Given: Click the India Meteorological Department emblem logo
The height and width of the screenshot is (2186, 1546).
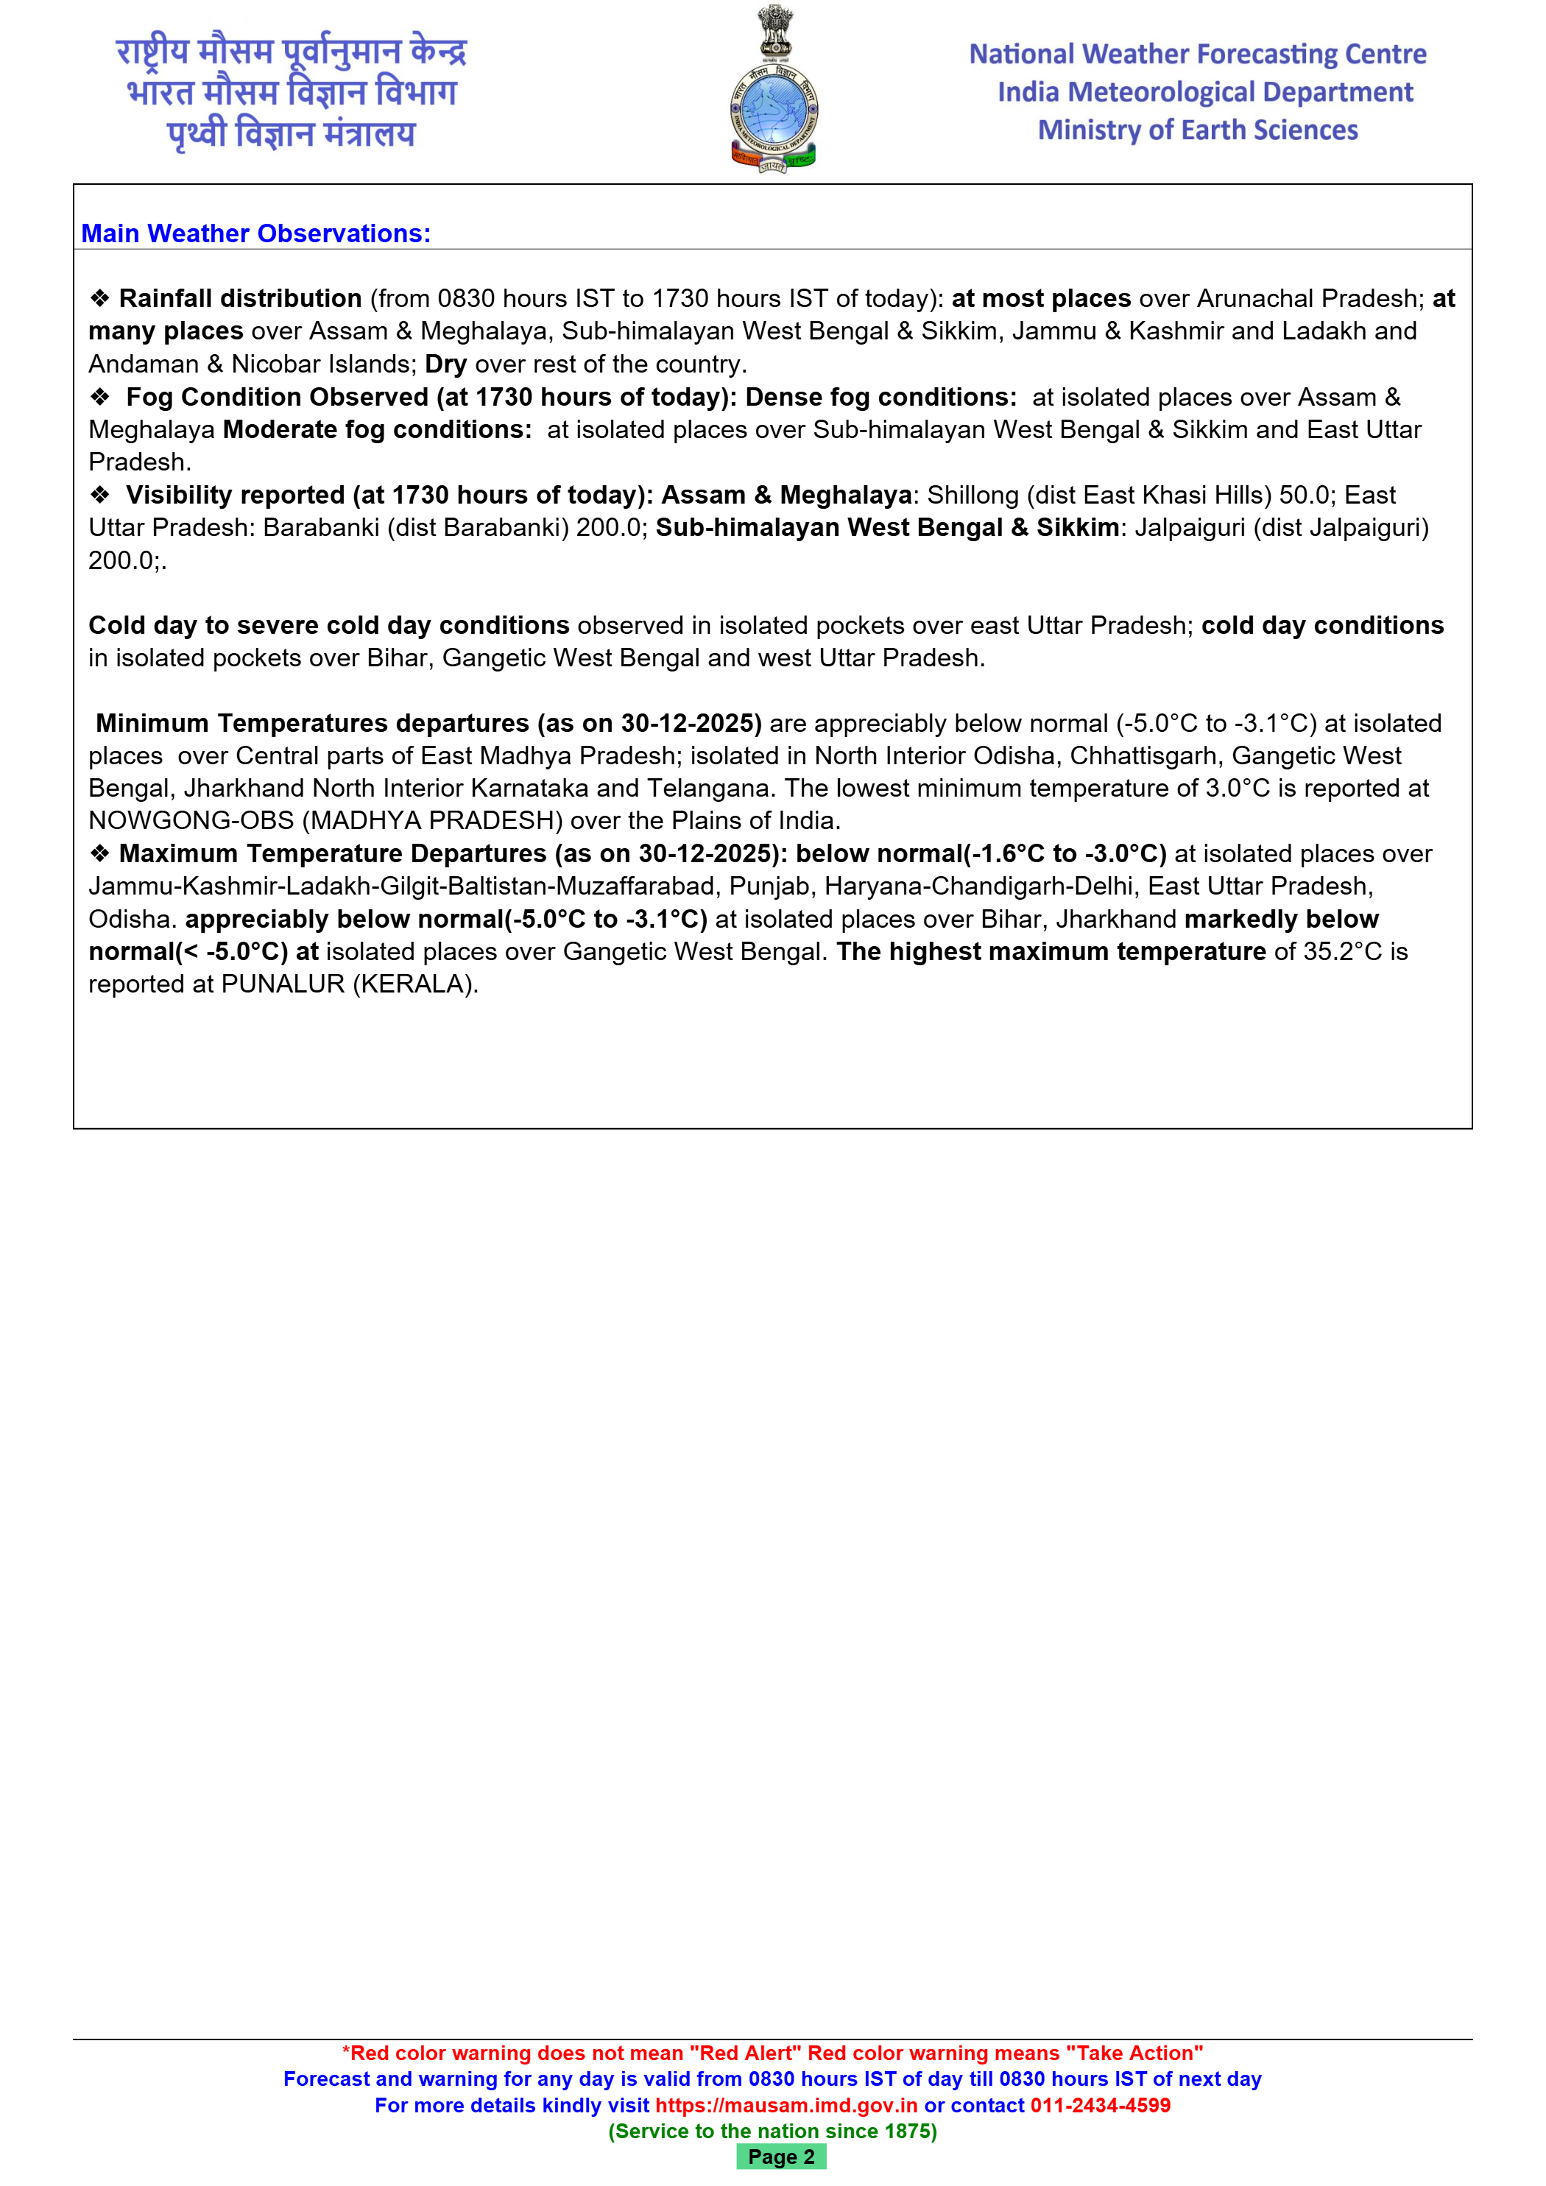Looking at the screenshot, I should click(x=773, y=90).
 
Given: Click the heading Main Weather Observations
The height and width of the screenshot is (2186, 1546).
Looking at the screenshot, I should click(x=255, y=233).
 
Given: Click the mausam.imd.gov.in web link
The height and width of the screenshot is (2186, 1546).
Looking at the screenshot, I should click(x=786, y=2105).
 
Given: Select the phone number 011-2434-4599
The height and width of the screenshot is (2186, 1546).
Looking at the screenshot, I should click(x=1100, y=2105).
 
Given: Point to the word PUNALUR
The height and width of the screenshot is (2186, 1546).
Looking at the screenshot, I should click(x=283, y=984).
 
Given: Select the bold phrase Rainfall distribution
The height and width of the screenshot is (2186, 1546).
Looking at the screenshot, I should click(x=240, y=299).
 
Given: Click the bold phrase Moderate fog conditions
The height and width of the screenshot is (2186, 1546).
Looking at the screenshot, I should click(x=377, y=429).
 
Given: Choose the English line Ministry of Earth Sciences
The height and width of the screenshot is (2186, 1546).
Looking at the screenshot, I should click(x=1198, y=130).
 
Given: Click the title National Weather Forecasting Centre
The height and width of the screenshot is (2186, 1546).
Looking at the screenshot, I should click(x=1198, y=54).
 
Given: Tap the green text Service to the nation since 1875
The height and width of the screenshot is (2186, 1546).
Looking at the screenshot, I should click(x=772, y=2131).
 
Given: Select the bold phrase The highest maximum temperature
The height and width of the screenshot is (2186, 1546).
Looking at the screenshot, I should click(x=1051, y=952).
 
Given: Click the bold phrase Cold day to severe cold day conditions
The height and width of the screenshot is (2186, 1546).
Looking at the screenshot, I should click(x=328, y=626).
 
